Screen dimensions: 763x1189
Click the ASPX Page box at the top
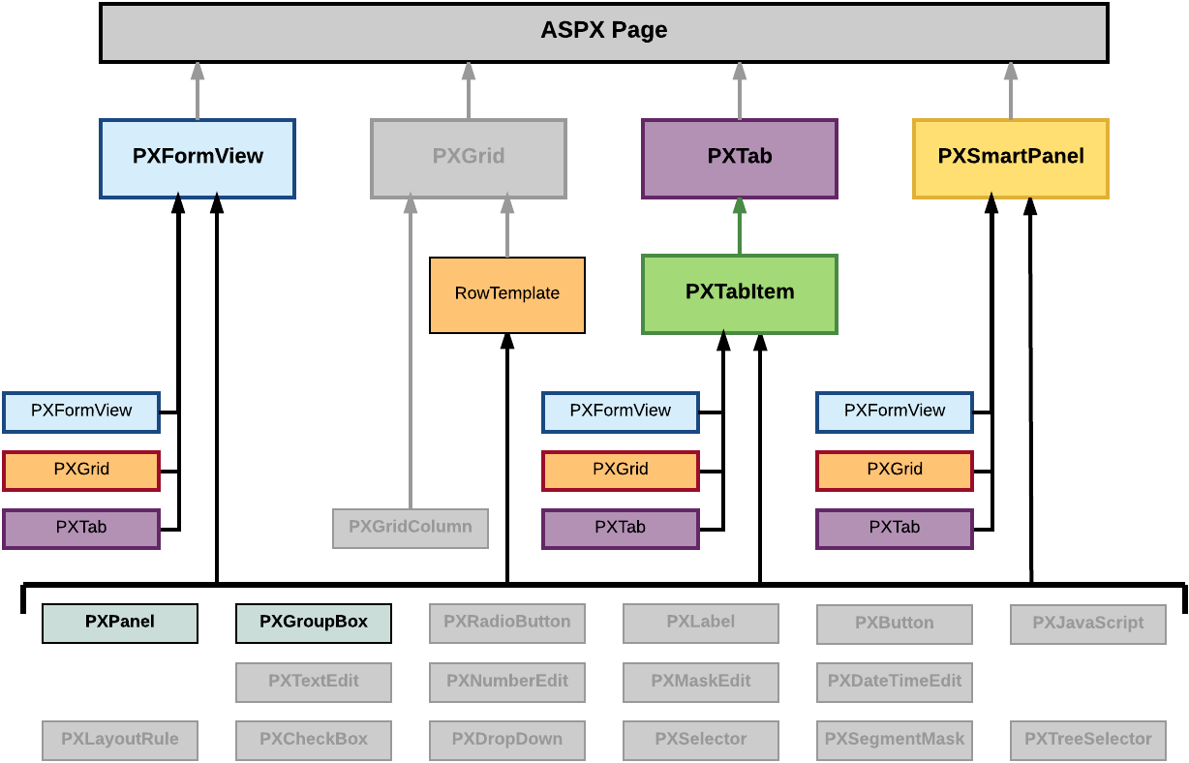click(603, 32)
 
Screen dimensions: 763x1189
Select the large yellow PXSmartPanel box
click(1010, 158)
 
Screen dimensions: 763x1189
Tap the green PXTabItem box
click(739, 293)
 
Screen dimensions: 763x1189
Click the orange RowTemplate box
click(506, 294)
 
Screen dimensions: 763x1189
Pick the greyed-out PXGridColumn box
click(411, 528)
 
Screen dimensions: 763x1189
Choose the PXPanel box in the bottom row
click(120, 623)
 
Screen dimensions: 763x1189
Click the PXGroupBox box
click(314, 623)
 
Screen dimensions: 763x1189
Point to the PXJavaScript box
click(1087, 624)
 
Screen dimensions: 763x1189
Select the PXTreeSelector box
click(1087, 740)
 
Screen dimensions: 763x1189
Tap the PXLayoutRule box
click(120, 740)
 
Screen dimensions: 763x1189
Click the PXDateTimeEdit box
click(894, 682)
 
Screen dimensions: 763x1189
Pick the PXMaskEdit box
click(700, 682)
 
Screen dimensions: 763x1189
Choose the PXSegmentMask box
click(894, 740)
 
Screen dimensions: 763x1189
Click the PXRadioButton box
click(506, 623)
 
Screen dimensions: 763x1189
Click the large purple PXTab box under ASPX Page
click(739, 158)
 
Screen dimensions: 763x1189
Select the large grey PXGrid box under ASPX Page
click(468, 158)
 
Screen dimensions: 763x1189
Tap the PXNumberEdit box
click(506, 682)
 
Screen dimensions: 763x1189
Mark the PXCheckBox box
click(314, 740)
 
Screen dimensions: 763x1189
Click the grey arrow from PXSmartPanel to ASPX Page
click(1010, 91)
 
